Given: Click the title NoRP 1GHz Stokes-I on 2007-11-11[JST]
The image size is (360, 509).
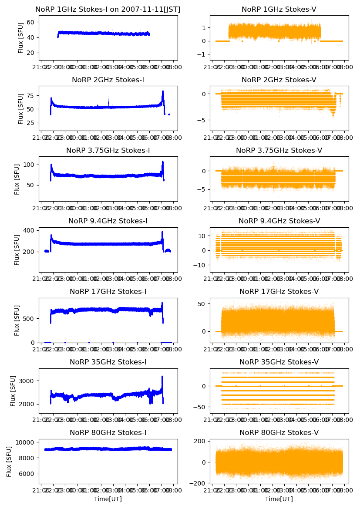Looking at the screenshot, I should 108,9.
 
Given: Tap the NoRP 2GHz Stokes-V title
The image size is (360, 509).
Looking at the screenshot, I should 279,80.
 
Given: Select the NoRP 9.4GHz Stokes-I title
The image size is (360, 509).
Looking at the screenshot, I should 108,221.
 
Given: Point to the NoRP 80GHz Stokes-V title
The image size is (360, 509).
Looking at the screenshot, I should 279,433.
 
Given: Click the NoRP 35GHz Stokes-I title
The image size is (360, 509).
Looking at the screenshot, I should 108,362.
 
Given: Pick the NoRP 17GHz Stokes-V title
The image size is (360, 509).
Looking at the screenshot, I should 279,292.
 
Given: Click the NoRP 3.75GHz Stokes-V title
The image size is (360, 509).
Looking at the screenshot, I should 279,151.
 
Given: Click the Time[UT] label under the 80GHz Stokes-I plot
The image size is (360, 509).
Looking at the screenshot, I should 108,499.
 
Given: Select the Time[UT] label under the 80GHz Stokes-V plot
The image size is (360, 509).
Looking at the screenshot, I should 279,499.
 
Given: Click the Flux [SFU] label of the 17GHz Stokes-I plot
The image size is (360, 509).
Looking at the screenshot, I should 17,320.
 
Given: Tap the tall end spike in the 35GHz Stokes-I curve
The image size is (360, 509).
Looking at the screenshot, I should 162,377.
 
